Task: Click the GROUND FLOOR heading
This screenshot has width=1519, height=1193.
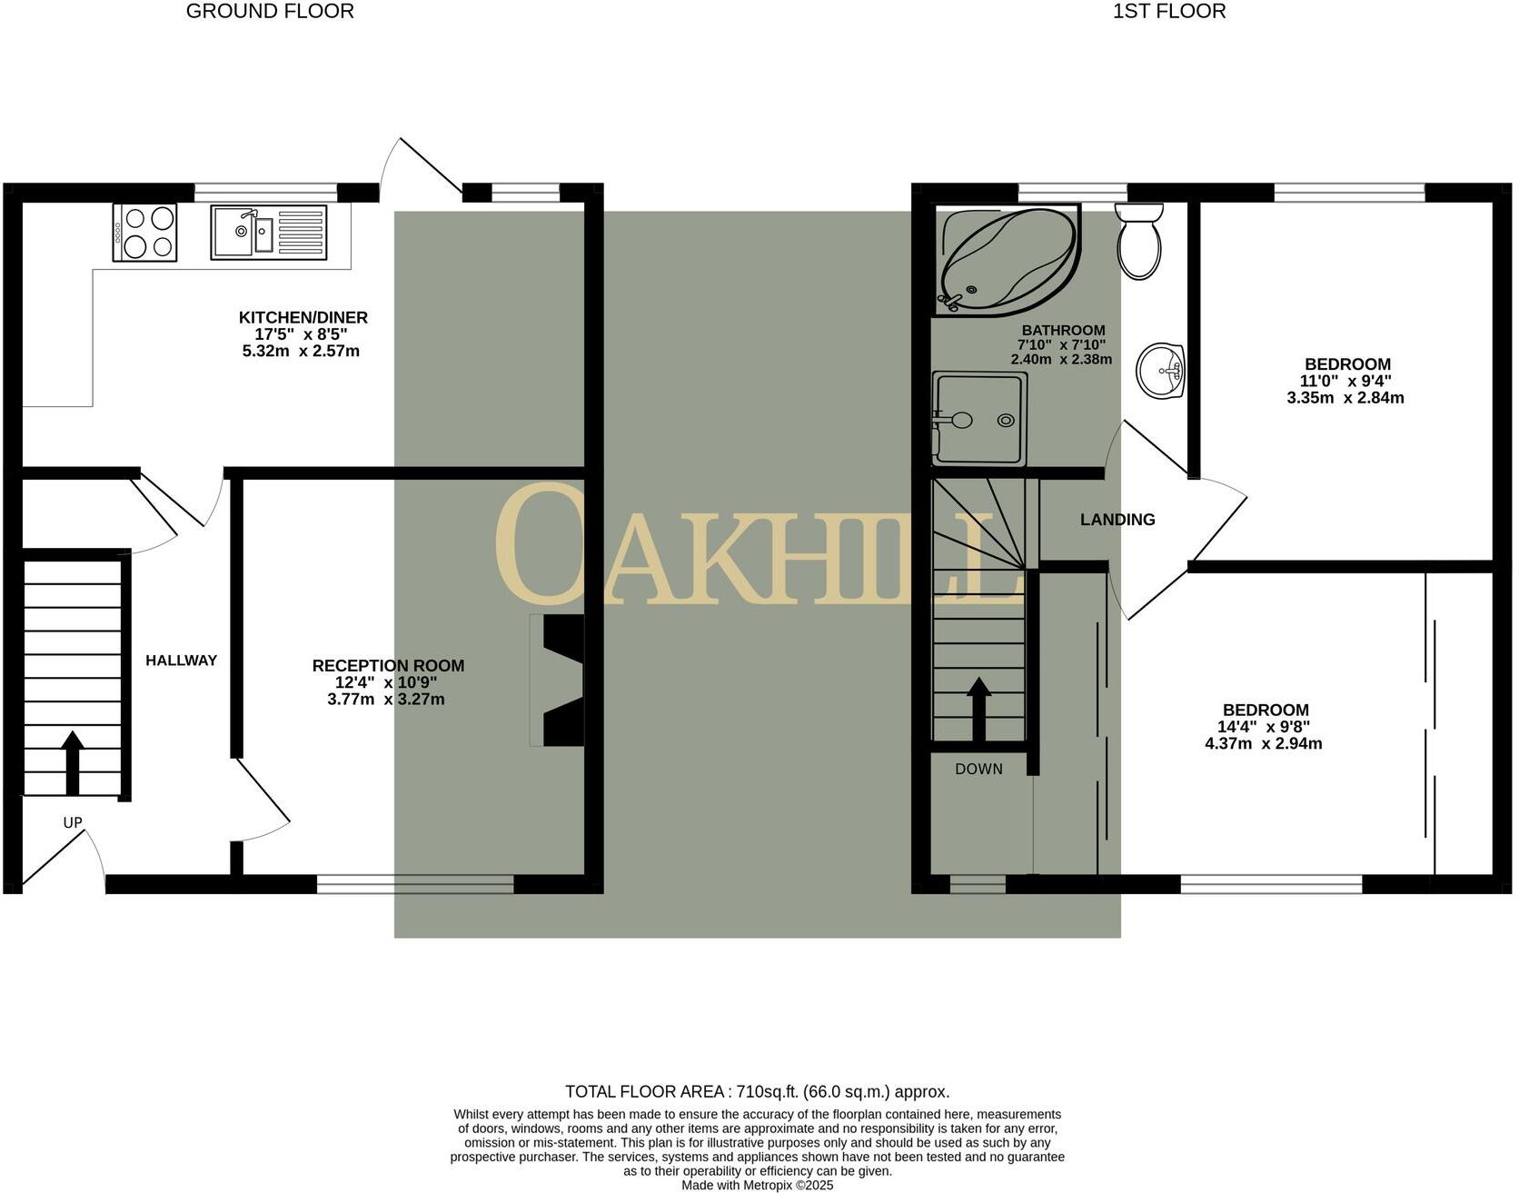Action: pyautogui.click(x=270, y=12)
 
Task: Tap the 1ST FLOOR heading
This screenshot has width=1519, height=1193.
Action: pyautogui.click(x=1168, y=12)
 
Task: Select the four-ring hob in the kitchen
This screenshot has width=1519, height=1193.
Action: pyautogui.click(x=144, y=232)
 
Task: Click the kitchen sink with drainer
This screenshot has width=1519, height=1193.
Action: pyautogui.click(x=269, y=232)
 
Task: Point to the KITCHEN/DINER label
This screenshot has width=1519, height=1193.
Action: pyautogui.click(x=303, y=317)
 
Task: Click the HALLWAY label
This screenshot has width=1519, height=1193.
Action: pyautogui.click(x=181, y=661)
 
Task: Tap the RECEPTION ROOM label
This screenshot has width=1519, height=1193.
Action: pyautogui.click(x=388, y=666)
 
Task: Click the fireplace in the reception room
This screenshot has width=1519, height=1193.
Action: pyautogui.click(x=558, y=681)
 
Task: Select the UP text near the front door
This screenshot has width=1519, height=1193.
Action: pyautogui.click(x=73, y=823)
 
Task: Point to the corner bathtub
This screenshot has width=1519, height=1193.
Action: pyautogui.click(x=1006, y=259)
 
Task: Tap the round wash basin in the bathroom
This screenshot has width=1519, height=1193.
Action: pyautogui.click(x=1161, y=371)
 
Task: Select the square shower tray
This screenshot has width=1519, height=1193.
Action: pyautogui.click(x=979, y=419)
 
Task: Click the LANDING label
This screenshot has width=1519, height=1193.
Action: pyautogui.click(x=1117, y=520)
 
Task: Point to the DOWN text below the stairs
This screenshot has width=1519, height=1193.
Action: pyautogui.click(x=978, y=770)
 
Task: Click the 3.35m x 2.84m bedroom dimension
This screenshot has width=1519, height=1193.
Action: pyautogui.click(x=1345, y=398)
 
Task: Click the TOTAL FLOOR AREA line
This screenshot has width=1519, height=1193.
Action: pyautogui.click(x=757, y=1092)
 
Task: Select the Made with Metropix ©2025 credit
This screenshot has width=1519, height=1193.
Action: pyautogui.click(x=757, y=1185)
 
